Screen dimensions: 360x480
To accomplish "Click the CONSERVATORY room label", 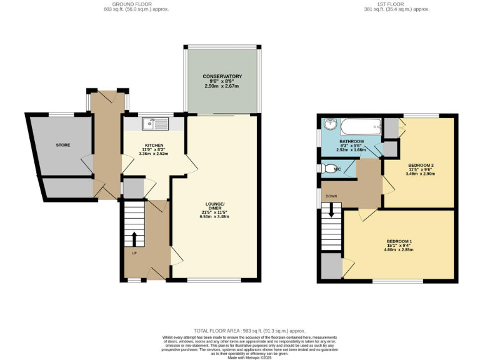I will [222, 76].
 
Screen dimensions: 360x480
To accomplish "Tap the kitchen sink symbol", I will [153, 124].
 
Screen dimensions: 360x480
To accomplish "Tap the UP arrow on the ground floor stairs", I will [133, 239].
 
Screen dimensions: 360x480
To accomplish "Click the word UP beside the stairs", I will [134, 253].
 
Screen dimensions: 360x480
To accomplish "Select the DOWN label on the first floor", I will [331, 196].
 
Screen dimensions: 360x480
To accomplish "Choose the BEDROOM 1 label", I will [399, 241].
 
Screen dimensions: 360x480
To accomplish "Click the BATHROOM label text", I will [351, 142].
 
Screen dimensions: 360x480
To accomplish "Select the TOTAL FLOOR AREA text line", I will [249, 330].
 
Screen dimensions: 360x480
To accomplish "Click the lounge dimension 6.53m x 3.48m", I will [214, 217].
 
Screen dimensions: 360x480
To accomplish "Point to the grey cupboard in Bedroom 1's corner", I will [332, 266].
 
